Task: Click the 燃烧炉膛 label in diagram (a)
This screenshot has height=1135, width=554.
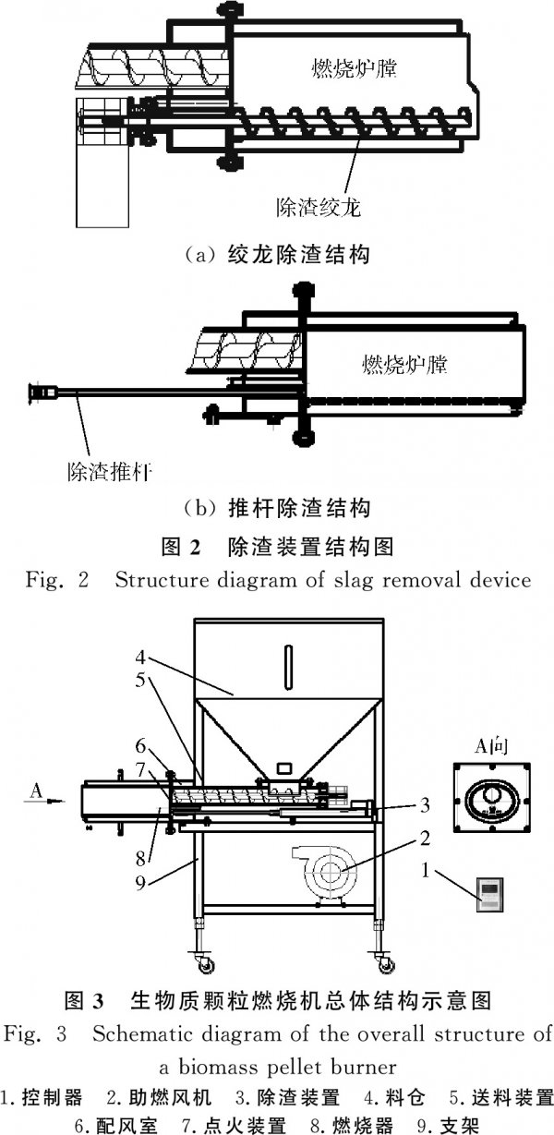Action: (x=354, y=68)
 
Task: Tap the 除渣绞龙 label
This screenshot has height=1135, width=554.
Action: (x=319, y=207)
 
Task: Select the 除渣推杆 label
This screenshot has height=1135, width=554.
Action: (x=110, y=472)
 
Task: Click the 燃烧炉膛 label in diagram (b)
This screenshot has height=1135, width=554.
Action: (x=404, y=364)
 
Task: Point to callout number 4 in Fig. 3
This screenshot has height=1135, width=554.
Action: (x=140, y=658)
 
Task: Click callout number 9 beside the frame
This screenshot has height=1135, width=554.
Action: (x=140, y=883)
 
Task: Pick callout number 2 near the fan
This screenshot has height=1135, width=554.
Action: (x=425, y=839)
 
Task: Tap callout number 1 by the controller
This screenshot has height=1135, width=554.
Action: (x=425, y=871)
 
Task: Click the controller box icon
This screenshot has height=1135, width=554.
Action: (x=489, y=895)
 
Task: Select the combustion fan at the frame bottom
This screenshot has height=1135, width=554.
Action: (x=327, y=872)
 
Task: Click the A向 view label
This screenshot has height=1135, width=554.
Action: (x=491, y=746)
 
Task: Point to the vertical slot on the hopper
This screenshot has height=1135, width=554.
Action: (x=288, y=667)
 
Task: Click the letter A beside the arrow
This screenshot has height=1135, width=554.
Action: (x=36, y=790)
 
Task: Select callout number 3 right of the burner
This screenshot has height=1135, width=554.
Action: (x=425, y=804)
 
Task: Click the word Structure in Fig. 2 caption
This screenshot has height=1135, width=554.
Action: (x=161, y=580)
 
